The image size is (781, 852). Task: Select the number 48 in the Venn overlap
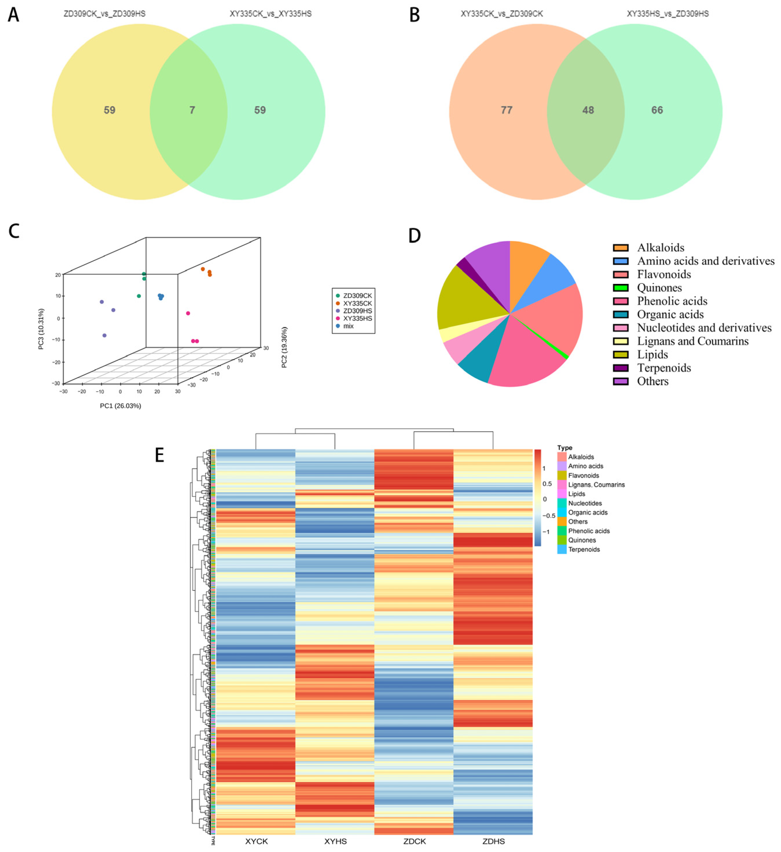click(x=588, y=110)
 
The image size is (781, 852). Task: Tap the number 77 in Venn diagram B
click(x=506, y=110)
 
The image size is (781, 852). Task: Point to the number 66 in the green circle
click(x=657, y=110)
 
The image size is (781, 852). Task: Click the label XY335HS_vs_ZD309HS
click(x=667, y=14)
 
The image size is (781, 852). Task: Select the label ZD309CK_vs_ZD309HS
click(x=104, y=14)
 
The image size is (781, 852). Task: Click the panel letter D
click(x=414, y=235)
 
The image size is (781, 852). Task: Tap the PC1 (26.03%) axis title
click(x=120, y=406)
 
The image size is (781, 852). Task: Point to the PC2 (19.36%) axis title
click(x=284, y=347)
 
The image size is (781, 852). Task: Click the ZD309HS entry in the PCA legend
click(x=357, y=311)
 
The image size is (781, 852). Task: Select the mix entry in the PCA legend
click(x=348, y=326)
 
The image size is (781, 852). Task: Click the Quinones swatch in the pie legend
click(x=620, y=288)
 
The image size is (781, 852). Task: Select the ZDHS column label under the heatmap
click(x=493, y=841)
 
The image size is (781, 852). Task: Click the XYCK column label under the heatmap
click(x=256, y=841)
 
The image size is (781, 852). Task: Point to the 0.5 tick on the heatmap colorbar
click(x=547, y=484)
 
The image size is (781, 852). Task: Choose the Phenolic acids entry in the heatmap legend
click(x=589, y=531)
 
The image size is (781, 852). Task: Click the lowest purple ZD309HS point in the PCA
click(x=104, y=335)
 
